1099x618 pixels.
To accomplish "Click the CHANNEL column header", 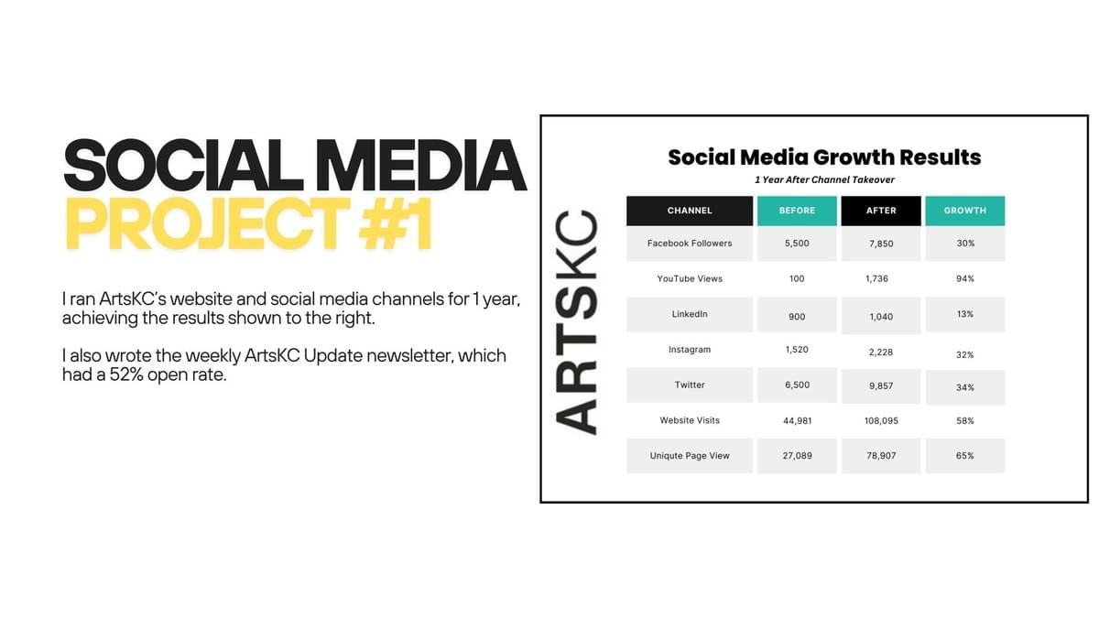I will (690, 211).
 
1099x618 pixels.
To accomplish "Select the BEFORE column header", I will (797, 211).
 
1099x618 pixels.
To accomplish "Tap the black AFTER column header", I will (880, 211).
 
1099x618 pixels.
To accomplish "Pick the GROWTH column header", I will (965, 211).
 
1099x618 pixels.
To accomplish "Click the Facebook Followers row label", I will (690, 244).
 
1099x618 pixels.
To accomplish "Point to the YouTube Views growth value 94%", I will (965, 278).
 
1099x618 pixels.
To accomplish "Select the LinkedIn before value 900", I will (797, 317).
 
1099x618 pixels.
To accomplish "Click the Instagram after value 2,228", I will (880, 351).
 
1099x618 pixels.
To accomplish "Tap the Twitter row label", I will (690, 385).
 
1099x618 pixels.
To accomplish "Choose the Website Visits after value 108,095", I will (880, 421).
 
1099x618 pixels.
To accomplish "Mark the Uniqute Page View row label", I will (690, 456).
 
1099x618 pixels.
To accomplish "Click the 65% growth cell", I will (965, 456).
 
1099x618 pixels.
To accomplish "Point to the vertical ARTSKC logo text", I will (578, 321).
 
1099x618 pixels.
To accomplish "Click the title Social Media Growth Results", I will (824, 157).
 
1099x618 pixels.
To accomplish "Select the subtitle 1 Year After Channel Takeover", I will (824, 180).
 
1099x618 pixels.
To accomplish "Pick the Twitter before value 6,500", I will (797, 385).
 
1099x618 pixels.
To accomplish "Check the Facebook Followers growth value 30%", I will (965, 244).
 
